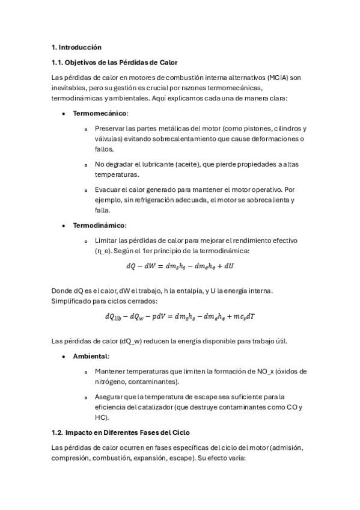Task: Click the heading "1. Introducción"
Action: [76, 47]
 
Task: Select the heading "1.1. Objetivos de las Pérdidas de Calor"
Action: [114, 63]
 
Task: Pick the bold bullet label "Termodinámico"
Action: [99, 225]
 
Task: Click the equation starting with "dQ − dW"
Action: [180, 266]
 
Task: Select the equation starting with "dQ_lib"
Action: [180, 316]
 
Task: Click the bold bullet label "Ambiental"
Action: [91, 357]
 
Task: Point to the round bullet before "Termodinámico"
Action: [64, 226]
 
